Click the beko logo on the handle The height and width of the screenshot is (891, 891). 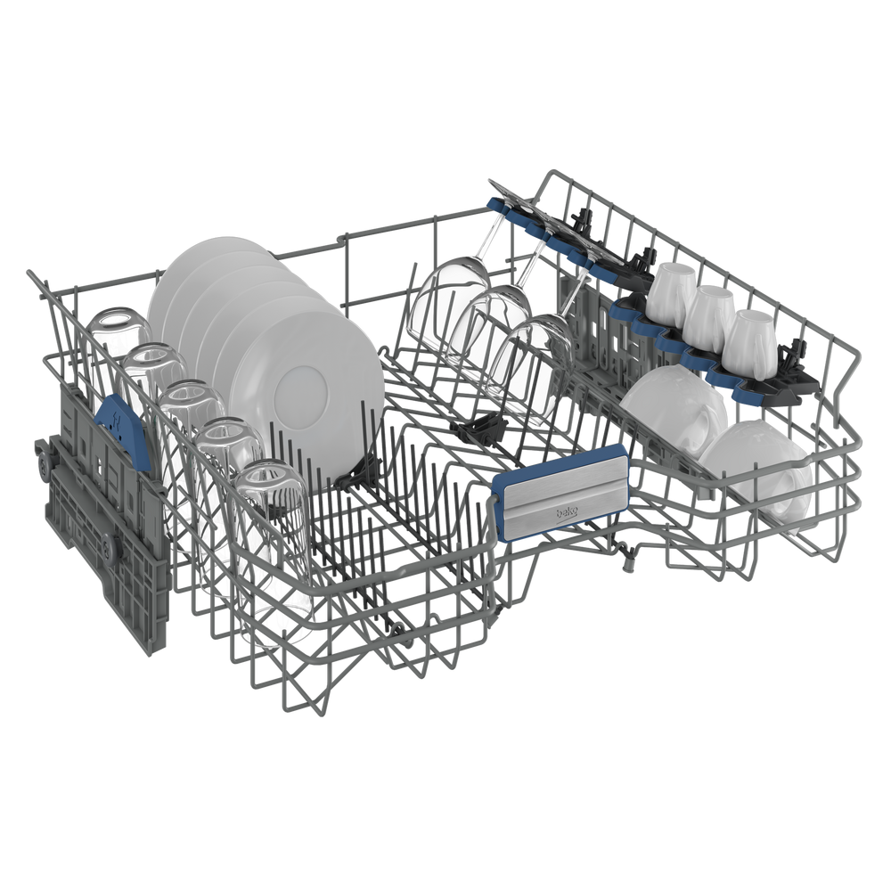pos(567,513)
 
